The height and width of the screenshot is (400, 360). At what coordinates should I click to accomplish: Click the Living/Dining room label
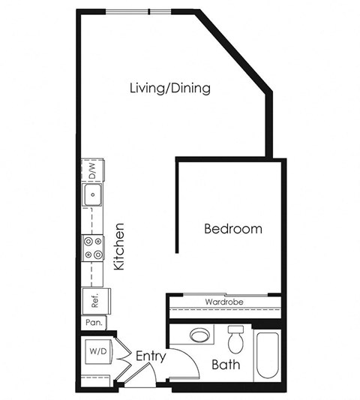click(169, 89)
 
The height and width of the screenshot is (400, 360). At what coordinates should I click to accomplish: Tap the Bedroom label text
click(233, 229)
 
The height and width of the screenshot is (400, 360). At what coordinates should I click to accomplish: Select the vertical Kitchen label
click(118, 246)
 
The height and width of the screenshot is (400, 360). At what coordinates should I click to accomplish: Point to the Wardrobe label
click(224, 302)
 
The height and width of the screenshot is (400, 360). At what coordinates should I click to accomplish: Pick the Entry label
click(151, 356)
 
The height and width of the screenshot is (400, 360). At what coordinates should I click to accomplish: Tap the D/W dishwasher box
click(92, 173)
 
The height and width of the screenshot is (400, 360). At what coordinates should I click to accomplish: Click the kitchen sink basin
click(93, 197)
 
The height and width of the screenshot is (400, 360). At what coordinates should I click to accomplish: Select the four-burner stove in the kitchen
click(93, 248)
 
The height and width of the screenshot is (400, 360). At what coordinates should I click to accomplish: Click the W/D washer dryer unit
click(96, 351)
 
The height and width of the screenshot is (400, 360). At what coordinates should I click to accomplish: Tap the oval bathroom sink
click(200, 335)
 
